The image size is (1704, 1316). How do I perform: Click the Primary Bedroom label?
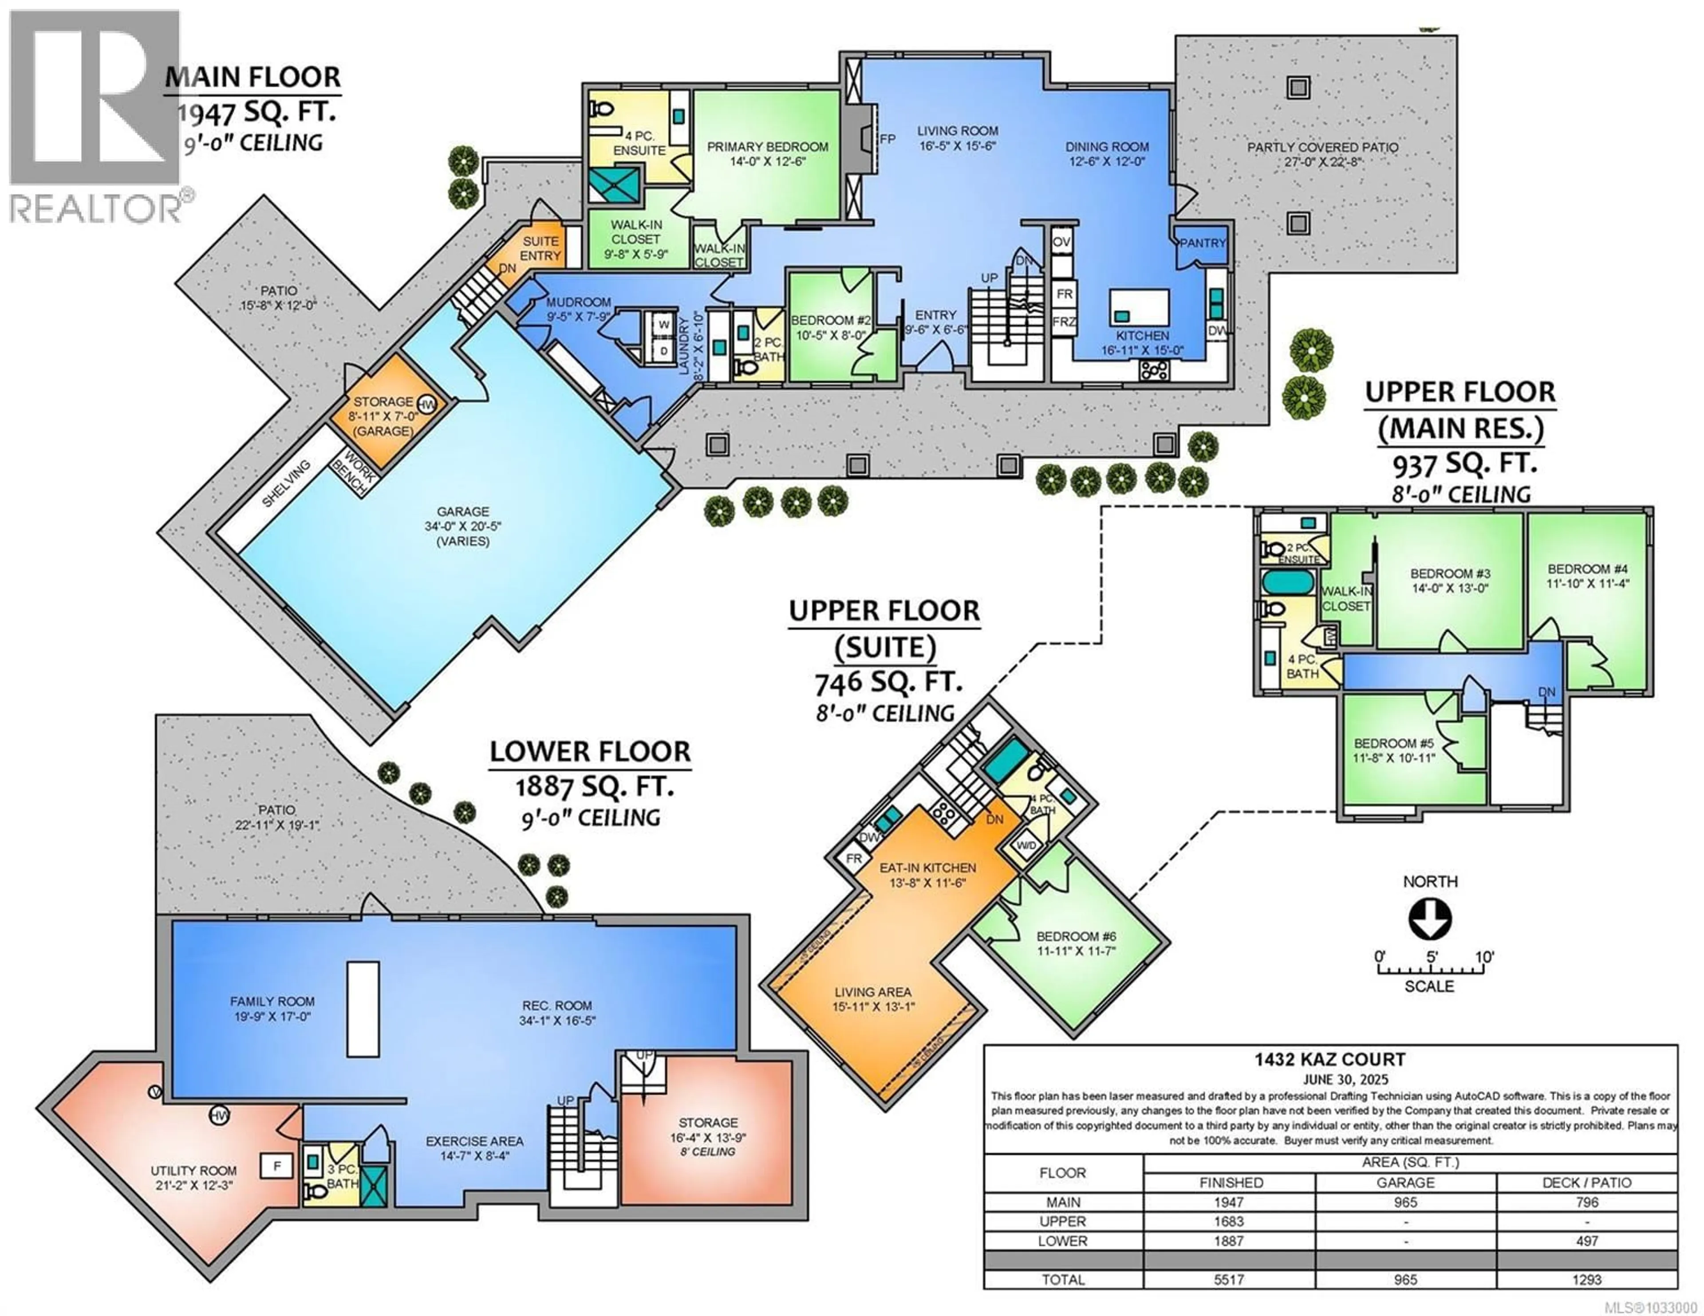coord(767,147)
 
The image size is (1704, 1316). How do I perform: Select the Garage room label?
coord(463,512)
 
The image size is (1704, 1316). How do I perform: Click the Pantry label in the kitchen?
coord(1202,244)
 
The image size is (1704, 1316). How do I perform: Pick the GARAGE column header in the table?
coord(1405,1182)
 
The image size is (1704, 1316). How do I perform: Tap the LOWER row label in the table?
coord(1063,1241)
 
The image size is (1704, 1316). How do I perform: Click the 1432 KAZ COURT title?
coord(1329,1059)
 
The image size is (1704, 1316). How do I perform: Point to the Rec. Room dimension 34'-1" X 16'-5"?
coord(557,1020)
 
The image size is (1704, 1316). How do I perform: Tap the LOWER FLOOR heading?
coord(590,752)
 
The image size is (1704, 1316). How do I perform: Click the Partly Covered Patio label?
coord(1321,147)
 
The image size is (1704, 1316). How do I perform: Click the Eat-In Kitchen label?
coord(928,868)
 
